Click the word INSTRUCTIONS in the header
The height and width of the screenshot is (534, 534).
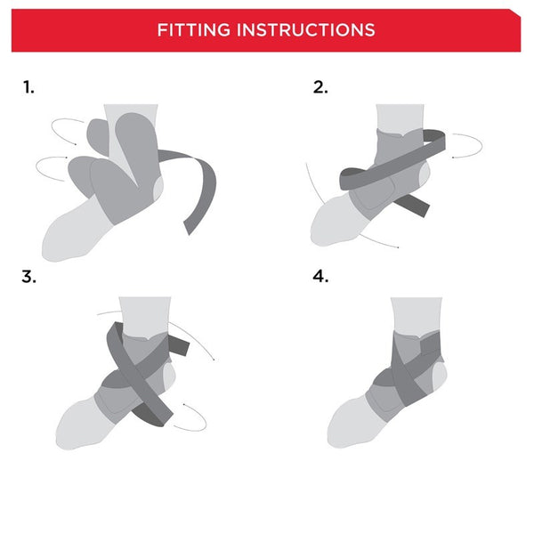305,30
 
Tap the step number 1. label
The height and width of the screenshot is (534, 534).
28,87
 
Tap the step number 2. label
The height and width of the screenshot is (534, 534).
320,87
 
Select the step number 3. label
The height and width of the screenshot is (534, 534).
29,276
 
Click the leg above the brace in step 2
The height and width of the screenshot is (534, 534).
399,117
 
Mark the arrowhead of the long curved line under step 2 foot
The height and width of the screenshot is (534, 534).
397,247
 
